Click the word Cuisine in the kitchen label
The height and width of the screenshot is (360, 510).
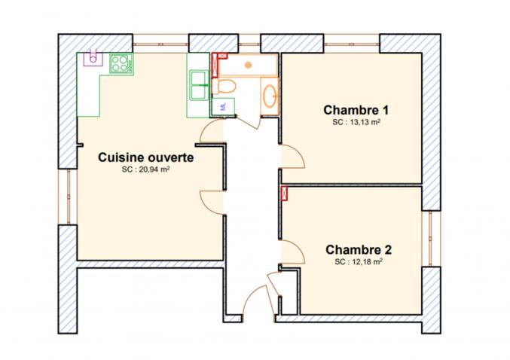(121, 157)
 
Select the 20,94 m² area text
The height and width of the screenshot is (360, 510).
(146, 169)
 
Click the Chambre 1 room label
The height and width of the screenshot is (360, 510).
(356, 110)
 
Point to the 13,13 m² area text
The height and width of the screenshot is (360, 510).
(356, 122)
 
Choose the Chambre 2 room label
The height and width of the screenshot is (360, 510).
(359, 250)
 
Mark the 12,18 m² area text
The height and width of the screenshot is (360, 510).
(359, 262)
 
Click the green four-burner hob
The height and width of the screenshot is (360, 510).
(121, 63)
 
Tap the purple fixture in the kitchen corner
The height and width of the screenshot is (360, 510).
(93, 58)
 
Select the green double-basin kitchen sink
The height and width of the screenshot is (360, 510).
(199, 85)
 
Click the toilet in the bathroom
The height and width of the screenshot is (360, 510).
(224, 86)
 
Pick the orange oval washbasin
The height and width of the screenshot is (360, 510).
(270, 96)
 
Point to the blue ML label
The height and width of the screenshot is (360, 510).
(223, 106)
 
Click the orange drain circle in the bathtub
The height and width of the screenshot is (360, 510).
(249, 65)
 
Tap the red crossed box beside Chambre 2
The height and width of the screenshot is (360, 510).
(284, 193)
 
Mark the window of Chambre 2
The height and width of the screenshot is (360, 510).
(430, 239)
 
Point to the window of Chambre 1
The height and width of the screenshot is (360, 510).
(352, 44)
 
